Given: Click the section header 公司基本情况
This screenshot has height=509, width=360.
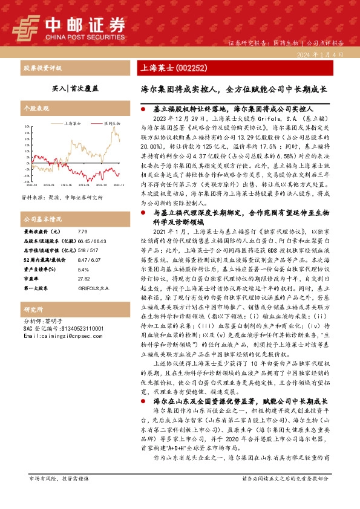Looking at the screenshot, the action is pyautogui.click(x=42, y=219).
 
